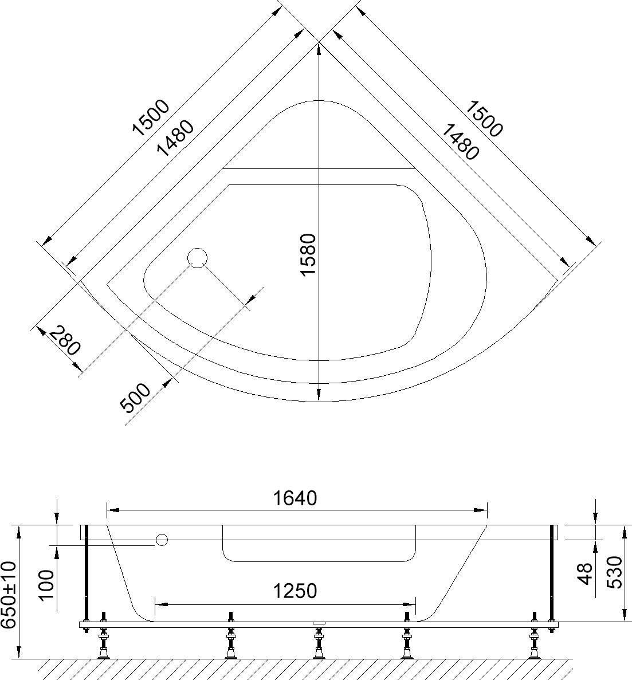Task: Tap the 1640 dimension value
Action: [x=295, y=498]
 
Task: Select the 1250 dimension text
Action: [x=295, y=591]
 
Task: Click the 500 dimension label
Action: [x=135, y=398]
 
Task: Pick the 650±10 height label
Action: [x=9, y=595]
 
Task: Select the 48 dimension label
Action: [x=586, y=574]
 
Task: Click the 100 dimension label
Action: [x=47, y=585]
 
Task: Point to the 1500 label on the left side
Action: [x=151, y=117]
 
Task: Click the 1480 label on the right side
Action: [x=460, y=142]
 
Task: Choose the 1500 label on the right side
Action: [x=484, y=119]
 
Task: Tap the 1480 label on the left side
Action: [x=175, y=138]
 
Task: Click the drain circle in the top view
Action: [x=198, y=258]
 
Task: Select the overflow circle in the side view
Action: [x=162, y=540]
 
